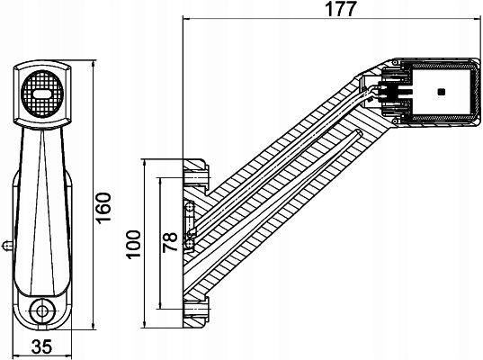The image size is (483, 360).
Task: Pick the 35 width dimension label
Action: pyautogui.click(x=41, y=347)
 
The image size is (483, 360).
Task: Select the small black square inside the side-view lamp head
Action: pyautogui.click(x=441, y=92)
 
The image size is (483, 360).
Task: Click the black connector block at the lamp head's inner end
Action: pyautogui.click(x=393, y=93)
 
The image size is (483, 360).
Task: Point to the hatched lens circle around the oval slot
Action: pyautogui.click(x=40, y=106)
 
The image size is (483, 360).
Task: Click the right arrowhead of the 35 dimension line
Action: pyautogui.click(x=68, y=336)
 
